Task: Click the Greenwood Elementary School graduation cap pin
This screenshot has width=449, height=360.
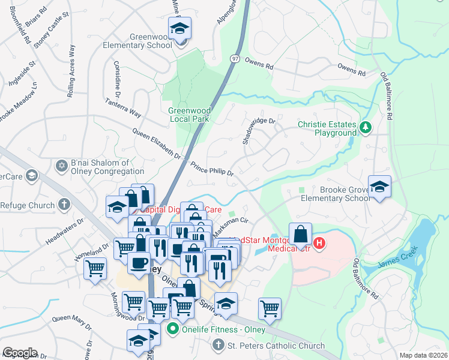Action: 179,28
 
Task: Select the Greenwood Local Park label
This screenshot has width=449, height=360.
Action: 189,115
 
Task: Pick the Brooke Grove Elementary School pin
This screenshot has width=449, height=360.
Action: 379,186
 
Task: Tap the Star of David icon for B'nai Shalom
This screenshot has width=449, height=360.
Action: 61,165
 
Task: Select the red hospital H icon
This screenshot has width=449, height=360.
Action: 319,243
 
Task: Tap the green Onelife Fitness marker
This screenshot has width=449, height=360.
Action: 173,328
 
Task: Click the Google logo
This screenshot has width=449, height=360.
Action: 19,352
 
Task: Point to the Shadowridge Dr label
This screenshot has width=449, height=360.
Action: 258,129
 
